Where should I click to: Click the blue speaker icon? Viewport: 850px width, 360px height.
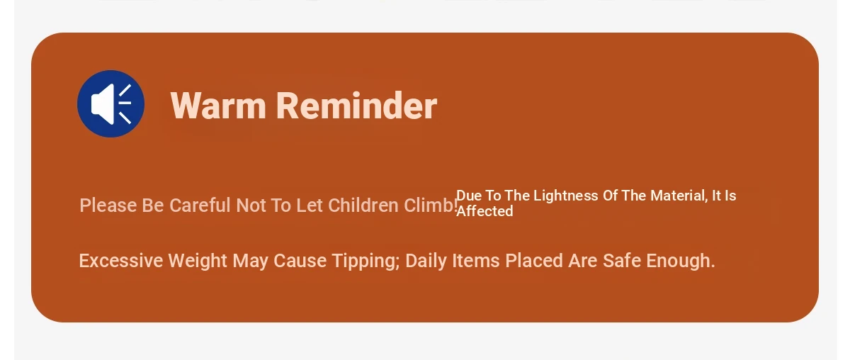[x=110, y=103]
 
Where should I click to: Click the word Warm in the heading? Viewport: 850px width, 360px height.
[x=218, y=106]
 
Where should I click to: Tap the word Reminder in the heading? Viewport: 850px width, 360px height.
[x=357, y=106]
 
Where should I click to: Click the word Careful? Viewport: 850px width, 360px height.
[x=200, y=206]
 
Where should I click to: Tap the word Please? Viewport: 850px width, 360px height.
[x=108, y=206]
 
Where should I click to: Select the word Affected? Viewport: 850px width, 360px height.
[x=484, y=211]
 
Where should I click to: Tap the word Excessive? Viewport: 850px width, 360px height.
[x=121, y=261]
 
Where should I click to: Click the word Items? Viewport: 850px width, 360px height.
[x=476, y=261]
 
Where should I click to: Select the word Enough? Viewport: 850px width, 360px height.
[x=681, y=261]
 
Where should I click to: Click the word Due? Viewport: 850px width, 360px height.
[x=469, y=196]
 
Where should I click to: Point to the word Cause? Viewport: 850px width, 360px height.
[x=300, y=261]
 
